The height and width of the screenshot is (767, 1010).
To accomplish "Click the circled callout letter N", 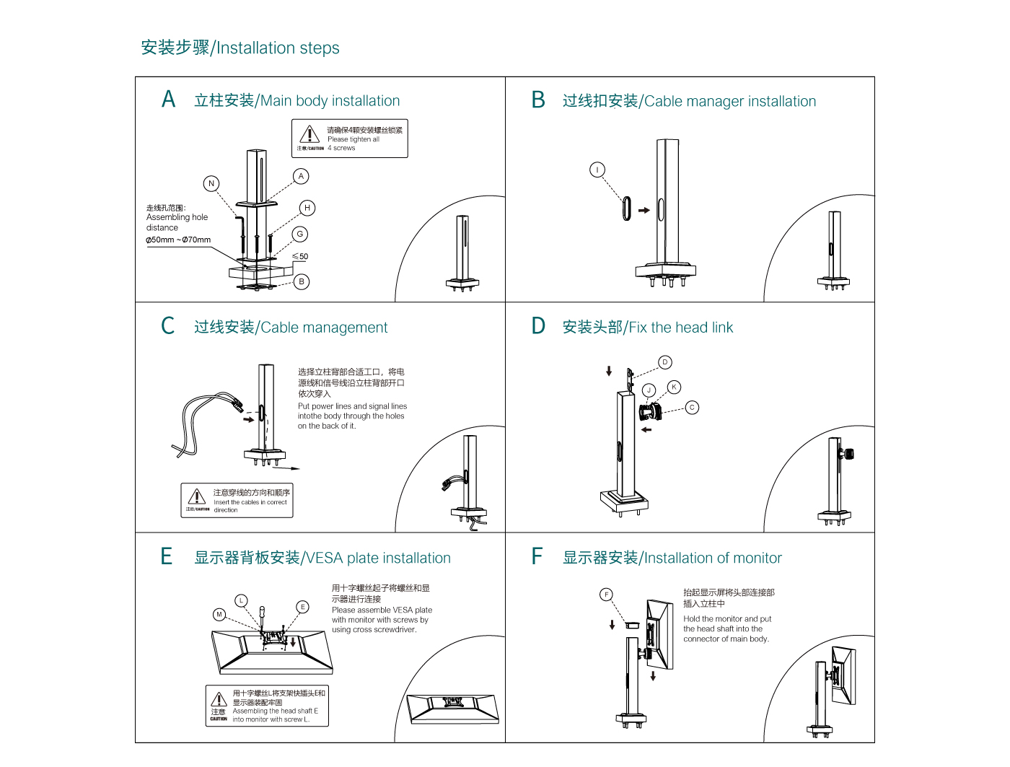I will (x=211, y=183).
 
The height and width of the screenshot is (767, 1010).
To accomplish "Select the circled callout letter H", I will (x=307, y=208).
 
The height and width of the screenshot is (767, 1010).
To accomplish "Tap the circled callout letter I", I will (x=597, y=170).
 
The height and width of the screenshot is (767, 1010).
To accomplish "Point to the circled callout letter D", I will (x=665, y=362).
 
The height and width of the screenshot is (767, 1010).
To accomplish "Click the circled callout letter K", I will (x=674, y=387).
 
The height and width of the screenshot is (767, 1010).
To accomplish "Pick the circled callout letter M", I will (x=219, y=614).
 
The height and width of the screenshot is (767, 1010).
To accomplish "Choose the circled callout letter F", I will (x=607, y=595).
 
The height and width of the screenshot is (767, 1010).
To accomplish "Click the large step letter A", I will (x=169, y=100).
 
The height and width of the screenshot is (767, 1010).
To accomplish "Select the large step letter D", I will (x=538, y=326).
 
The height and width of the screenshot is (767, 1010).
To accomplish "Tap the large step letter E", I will (x=167, y=556).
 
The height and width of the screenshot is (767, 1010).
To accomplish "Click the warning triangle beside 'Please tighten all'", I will (x=309, y=134).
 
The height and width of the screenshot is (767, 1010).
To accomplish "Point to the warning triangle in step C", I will (x=197, y=496).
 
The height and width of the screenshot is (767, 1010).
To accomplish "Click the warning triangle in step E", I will (x=219, y=699).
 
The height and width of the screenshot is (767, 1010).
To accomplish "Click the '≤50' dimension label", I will (x=300, y=256).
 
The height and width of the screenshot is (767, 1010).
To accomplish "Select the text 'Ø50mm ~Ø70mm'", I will (x=178, y=240).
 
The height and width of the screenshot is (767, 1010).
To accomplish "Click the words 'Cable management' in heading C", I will (x=324, y=328).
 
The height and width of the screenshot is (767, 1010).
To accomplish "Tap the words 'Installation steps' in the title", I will (x=278, y=48).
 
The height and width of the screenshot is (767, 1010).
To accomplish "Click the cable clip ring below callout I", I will (x=626, y=209).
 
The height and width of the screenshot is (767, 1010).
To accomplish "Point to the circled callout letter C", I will (x=692, y=408).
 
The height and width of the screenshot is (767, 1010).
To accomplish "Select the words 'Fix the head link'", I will (x=680, y=328).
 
